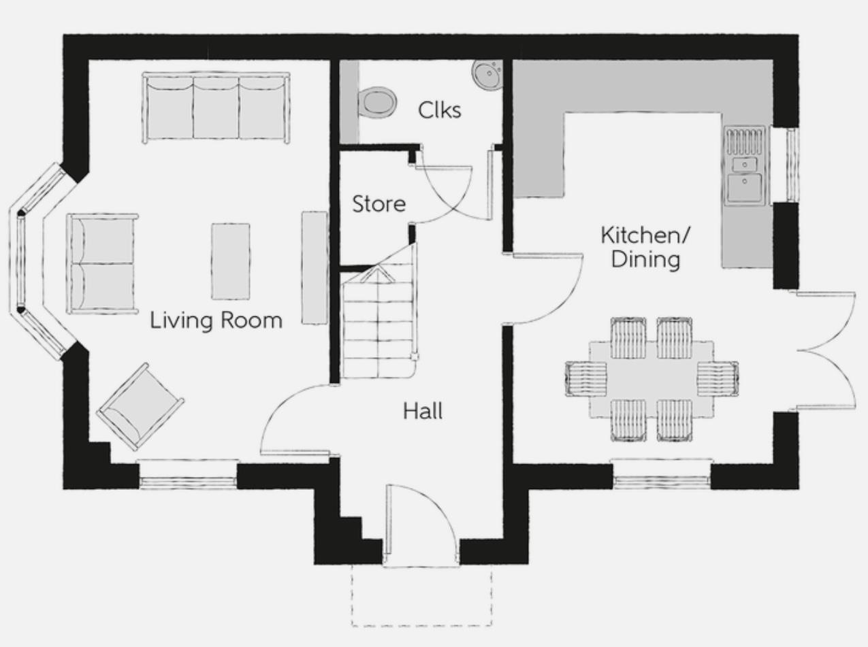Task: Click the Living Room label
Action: (216, 320)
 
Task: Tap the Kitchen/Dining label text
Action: (645, 247)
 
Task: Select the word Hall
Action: (423, 411)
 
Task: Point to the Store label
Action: (379, 203)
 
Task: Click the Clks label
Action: (439, 110)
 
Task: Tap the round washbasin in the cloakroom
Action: (487, 73)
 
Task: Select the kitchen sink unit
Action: (745, 165)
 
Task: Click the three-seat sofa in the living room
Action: (216, 107)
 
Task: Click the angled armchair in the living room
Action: (140, 406)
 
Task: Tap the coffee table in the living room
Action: (230, 261)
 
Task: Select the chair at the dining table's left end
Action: (585, 378)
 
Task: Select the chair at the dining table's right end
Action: (718, 378)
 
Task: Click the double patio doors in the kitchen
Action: (826, 351)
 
